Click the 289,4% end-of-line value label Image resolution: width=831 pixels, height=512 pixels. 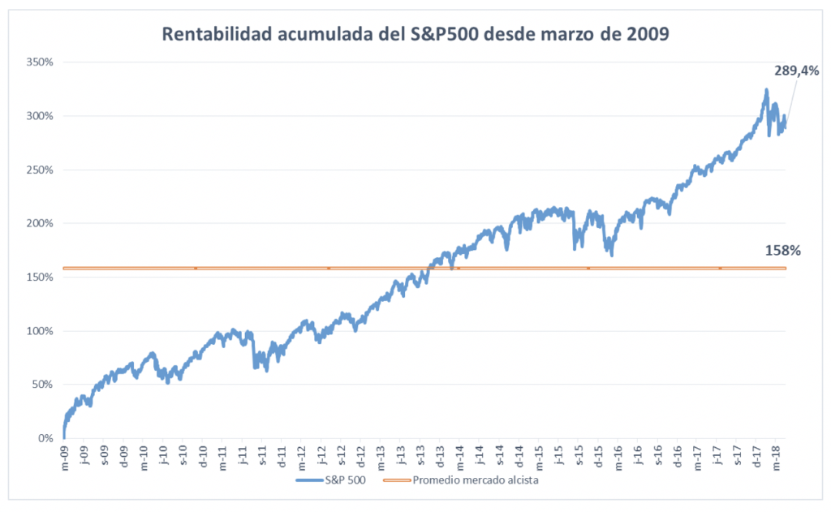796,71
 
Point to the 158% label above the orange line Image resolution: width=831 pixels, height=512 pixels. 782,251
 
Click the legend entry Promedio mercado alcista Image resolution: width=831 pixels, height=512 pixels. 476,480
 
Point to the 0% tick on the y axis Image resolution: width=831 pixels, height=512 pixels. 45,438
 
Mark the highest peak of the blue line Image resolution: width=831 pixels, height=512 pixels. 766,90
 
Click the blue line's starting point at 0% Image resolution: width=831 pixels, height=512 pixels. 63,437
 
